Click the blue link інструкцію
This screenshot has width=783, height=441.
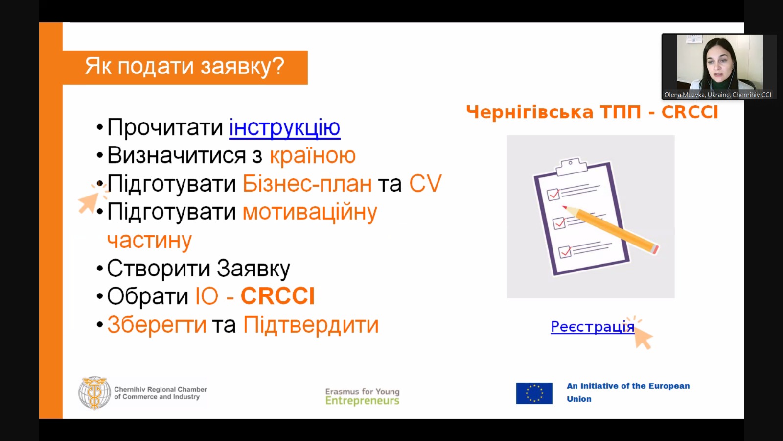[x=284, y=128]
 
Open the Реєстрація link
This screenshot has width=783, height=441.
[x=593, y=327]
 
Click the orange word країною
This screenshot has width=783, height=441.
[x=313, y=155]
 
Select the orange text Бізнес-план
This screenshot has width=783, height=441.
[x=307, y=183]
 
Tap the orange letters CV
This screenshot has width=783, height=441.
[x=425, y=183]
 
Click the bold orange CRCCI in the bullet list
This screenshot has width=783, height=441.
[x=278, y=296]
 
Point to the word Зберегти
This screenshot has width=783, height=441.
[x=157, y=325]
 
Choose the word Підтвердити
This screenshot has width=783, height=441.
[x=311, y=325]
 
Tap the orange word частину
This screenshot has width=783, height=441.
[x=149, y=241]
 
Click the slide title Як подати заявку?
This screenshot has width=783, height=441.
[x=184, y=67]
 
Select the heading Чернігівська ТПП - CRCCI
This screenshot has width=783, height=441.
[x=592, y=112]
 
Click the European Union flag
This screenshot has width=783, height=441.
[x=534, y=393]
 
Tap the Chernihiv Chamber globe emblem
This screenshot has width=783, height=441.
[x=94, y=393]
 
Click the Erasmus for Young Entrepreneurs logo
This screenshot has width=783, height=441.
[x=362, y=396]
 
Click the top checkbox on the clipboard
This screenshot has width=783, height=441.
[x=553, y=195]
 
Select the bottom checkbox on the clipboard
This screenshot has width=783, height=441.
[x=565, y=252]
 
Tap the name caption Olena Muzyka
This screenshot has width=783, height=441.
[x=684, y=95]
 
